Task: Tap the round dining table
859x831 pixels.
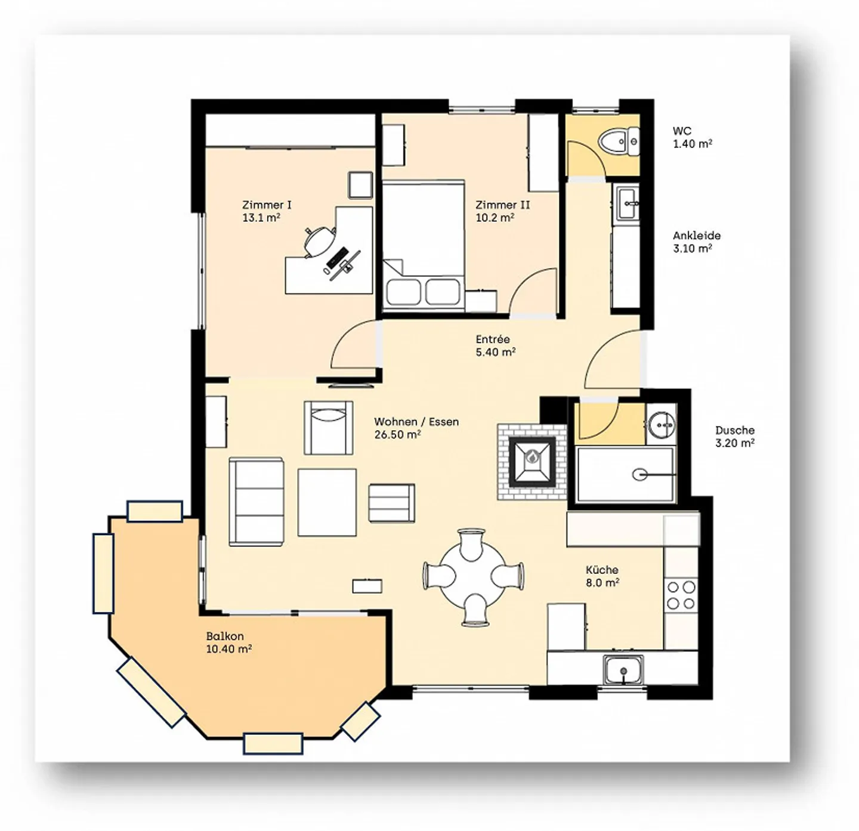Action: pyautogui.click(x=473, y=577)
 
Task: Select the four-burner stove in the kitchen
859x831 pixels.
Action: pyautogui.click(x=681, y=595)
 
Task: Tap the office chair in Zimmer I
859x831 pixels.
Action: pyautogui.click(x=319, y=241)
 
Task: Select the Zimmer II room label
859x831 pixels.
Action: pyautogui.click(x=502, y=211)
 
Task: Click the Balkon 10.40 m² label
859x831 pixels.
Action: pyautogui.click(x=228, y=642)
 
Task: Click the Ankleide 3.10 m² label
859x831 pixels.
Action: pyautogui.click(x=697, y=242)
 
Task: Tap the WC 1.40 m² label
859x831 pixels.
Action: pyautogui.click(x=692, y=137)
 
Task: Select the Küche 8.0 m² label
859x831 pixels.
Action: pyautogui.click(x=602, y=576)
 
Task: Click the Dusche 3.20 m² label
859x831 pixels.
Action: pyautogui.click(x=734, y=436)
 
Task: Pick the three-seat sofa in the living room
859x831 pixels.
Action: pyautogui.click(x=256, y=502)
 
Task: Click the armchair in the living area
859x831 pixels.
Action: pyautogui.click(x=328, y=427)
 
